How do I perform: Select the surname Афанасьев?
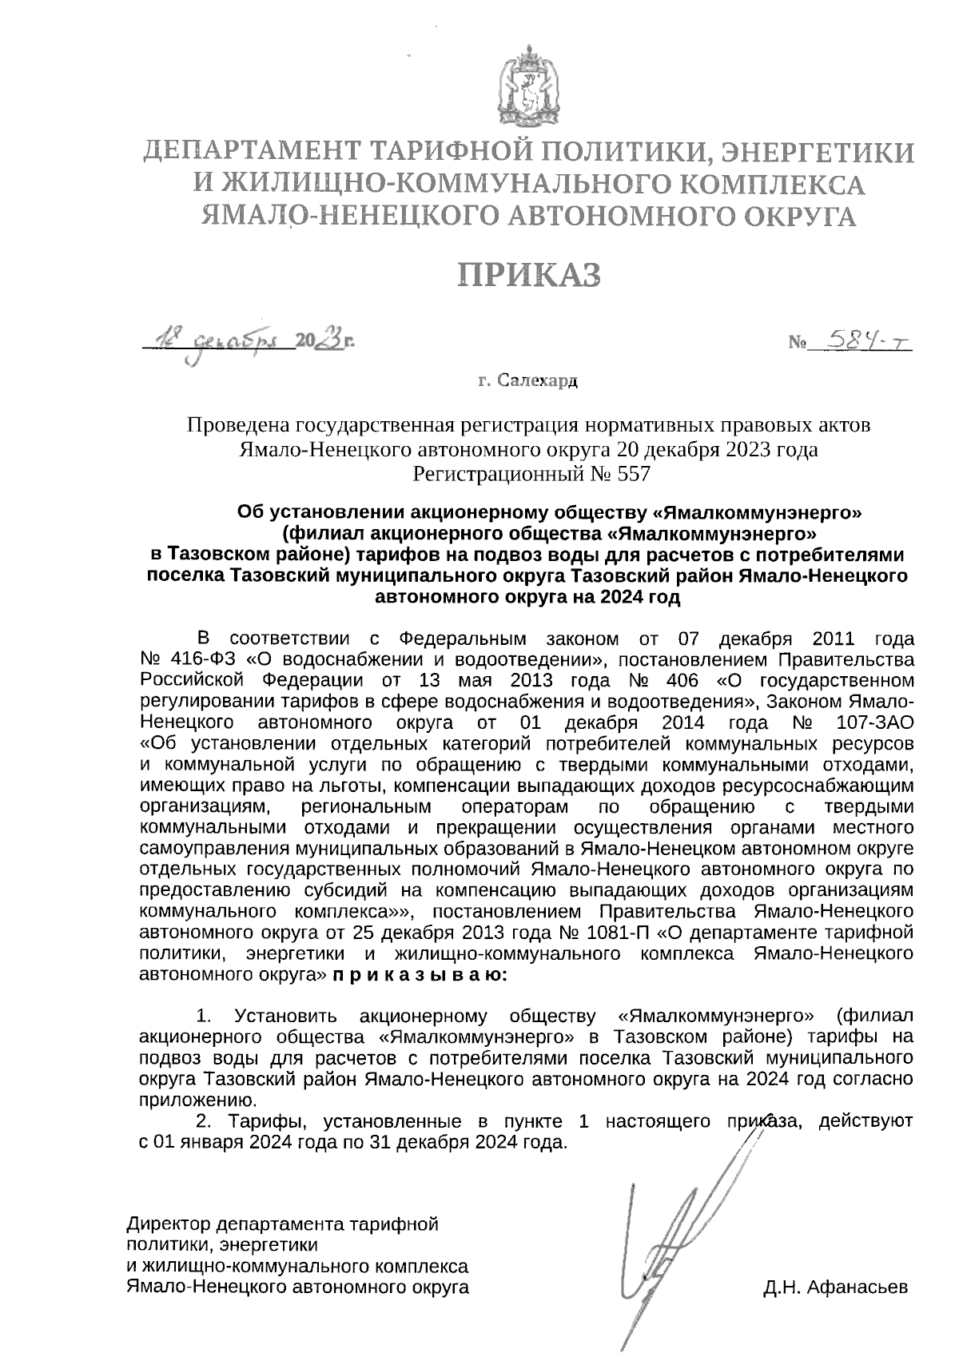point(858,1287)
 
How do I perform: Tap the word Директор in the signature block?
point(169,1224)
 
